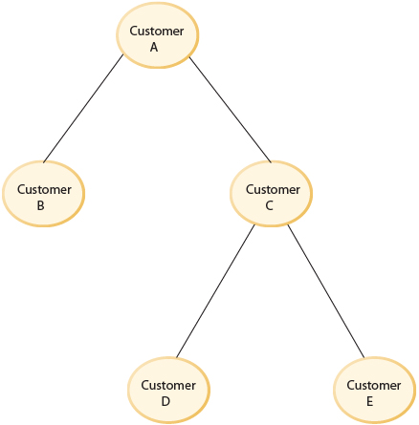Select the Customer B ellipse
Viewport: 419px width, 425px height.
(43, 196)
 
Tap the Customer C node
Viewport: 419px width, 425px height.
(272, 196)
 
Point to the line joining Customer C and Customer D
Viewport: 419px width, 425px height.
(214, 292)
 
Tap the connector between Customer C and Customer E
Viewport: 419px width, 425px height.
(326, 291)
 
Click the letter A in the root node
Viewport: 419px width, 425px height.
(156, 47)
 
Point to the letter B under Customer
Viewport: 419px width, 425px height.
(43, 204)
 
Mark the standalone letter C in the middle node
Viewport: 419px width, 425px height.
(272, 204)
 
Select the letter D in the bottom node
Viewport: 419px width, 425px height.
(167, 401)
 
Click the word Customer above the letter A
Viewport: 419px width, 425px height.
(156, 32)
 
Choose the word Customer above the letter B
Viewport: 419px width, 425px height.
(43, 189)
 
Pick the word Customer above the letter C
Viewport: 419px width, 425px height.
(272, 189)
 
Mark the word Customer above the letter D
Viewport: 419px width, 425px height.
(167, 386)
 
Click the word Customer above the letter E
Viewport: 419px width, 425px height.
(374, 386)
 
